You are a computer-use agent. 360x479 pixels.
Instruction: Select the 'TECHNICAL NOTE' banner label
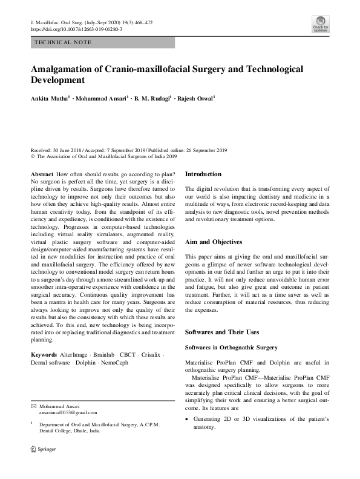[x=63, y=42]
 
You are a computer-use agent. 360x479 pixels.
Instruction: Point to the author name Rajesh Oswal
[x=197, y=97]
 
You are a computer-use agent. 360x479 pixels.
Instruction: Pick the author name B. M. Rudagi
[x=151, y=97]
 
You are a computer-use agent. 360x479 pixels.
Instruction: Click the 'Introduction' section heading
[x=203, y=174]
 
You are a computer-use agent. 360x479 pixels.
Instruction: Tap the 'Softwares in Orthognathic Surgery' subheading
[x=231, y=348]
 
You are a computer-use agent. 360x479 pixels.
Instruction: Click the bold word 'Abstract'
[x=45, y=174]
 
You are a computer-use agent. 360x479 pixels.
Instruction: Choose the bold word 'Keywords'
[x=48, y=354]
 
